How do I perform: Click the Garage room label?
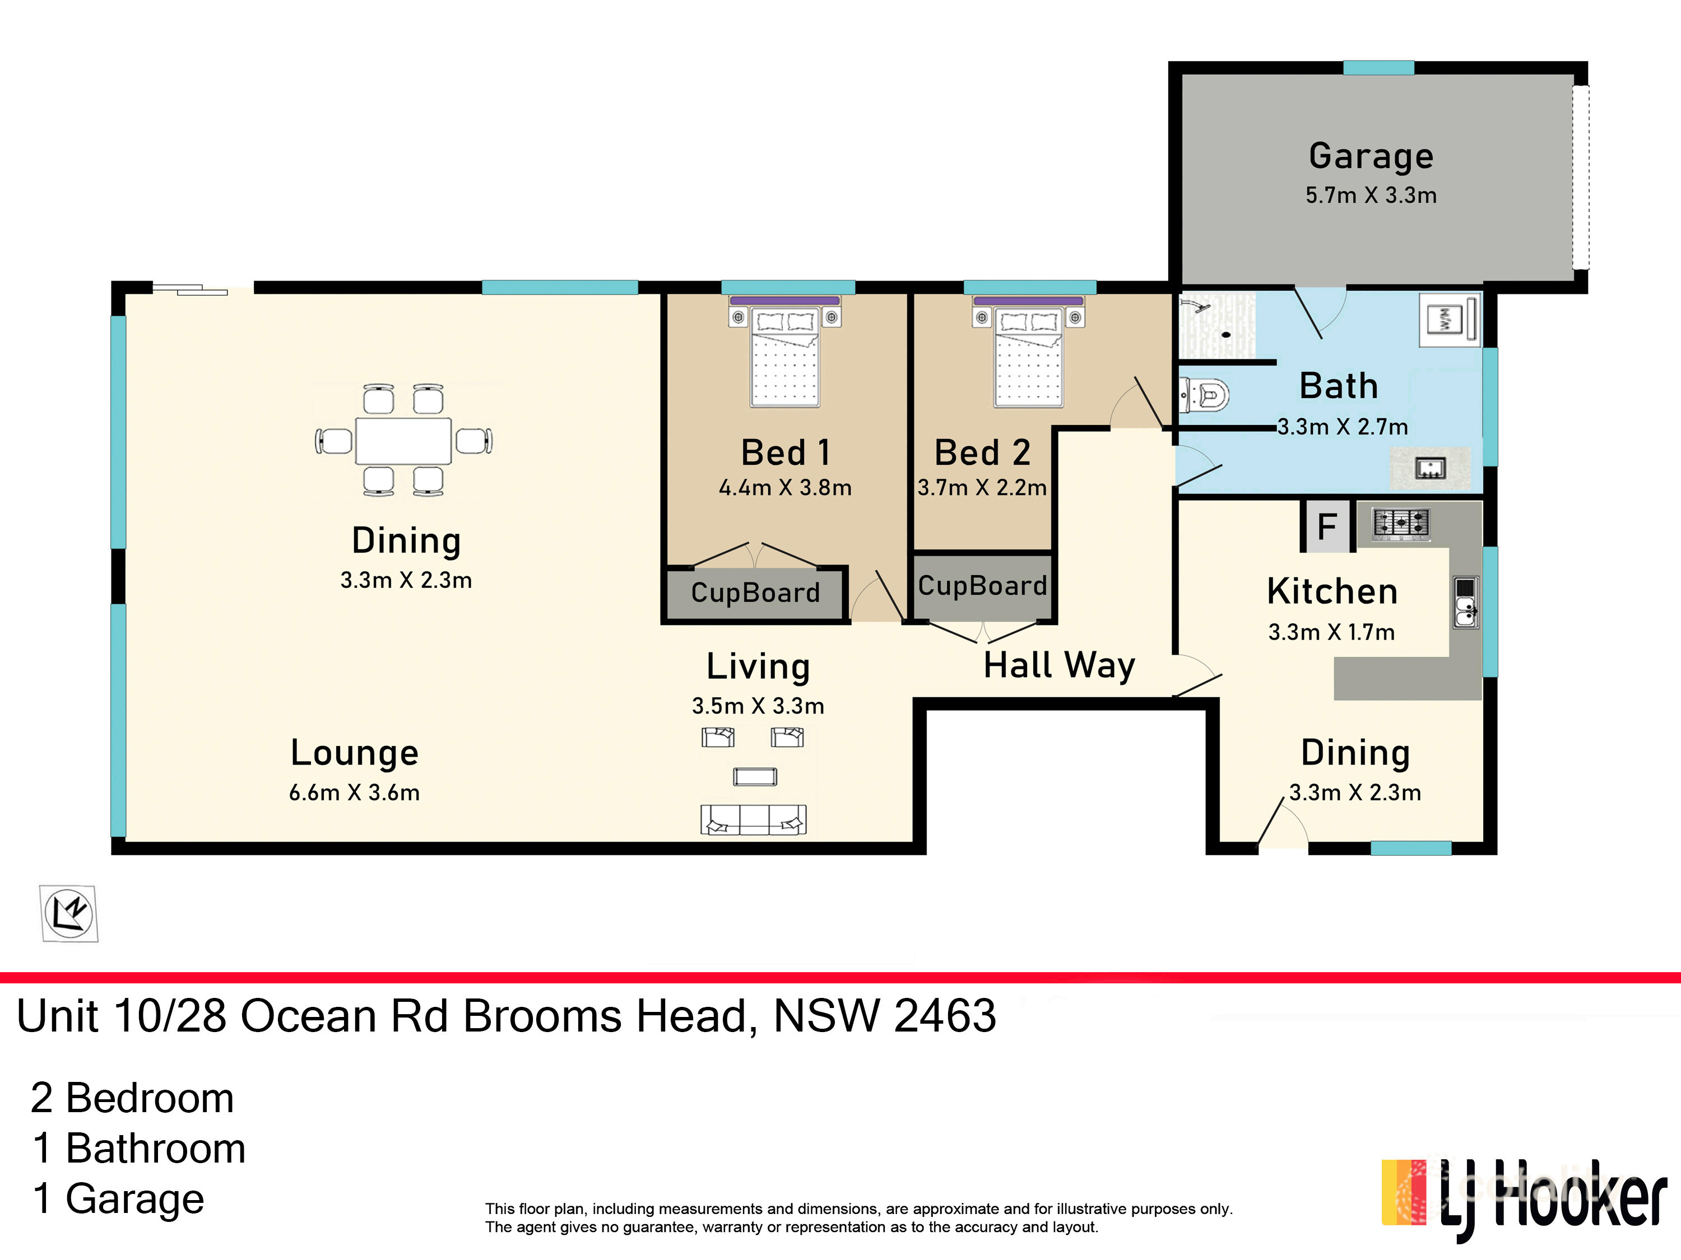tap(1371, 156)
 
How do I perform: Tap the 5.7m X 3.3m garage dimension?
tap(1371, 195)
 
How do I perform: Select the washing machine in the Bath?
tap(1449, 320)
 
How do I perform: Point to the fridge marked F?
tap(1327, 526)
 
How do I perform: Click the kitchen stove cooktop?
tap(1401, 523)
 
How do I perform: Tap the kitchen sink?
tap(1465, 602)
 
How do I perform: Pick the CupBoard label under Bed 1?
tap(755, 592)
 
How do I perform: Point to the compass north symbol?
tap(69, 913)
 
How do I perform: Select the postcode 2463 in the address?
tap(945, 1016)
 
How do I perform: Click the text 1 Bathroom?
tap(139, 1149)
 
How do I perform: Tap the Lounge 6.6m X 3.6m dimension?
tap(354, 793)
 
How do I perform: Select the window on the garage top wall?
tap(1378, 68)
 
